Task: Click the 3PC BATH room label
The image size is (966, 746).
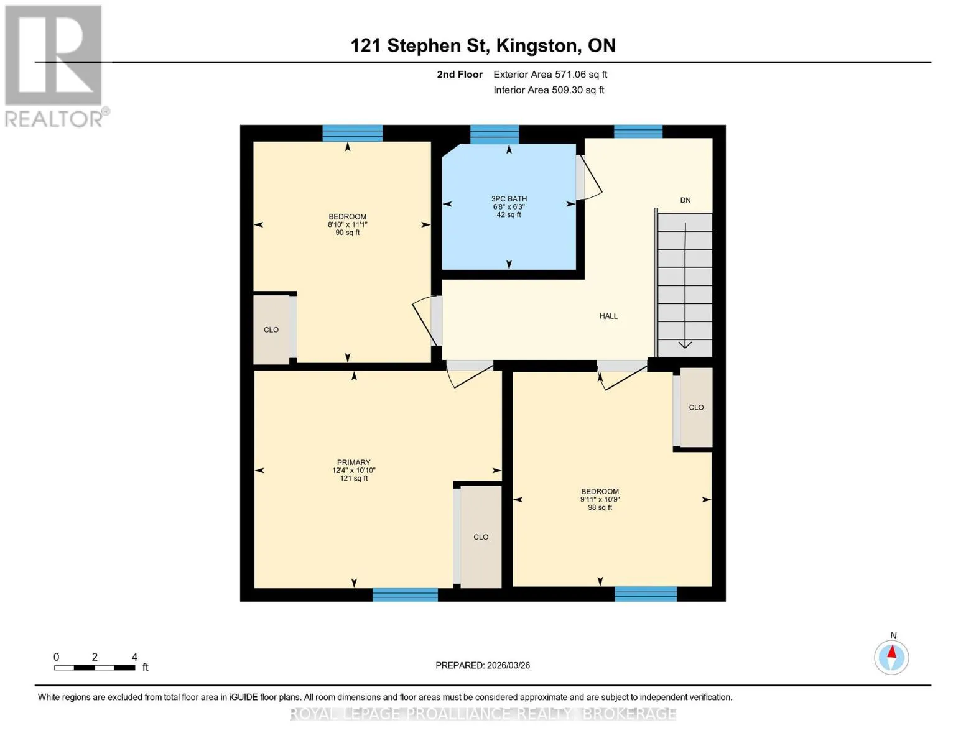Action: coord(509,198)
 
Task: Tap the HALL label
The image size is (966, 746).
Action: coord(608,316)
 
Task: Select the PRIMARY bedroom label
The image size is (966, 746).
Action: coord(353,462)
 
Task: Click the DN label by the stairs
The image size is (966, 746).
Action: coord(685,200)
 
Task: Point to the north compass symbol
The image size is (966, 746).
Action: coord(891,656)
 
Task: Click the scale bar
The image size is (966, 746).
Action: coord(95,667)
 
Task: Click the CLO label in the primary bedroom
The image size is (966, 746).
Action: coord(481,536)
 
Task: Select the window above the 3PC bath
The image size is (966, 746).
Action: coord(495,134)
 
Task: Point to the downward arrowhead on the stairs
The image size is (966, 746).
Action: coord(685,344)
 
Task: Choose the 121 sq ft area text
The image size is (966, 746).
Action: coord(354,478)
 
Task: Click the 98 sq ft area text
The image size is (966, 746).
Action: coord(600,507)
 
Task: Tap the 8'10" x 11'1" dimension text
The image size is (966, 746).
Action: coord(348,224)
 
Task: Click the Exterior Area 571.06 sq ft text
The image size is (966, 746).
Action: coord(550,74)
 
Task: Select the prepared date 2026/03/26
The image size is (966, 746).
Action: coord(508,665)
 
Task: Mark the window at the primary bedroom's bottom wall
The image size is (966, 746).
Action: coord(405,594)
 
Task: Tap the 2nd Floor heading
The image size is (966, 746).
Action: coord(460,74)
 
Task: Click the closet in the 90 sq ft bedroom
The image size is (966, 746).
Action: coord(271,329)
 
